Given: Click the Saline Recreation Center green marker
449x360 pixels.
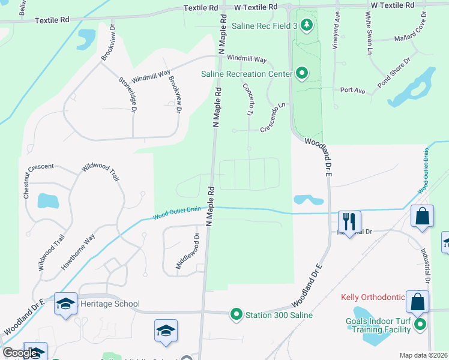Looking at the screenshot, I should coord(302,74).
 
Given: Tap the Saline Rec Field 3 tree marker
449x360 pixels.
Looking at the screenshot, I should coord(307,25).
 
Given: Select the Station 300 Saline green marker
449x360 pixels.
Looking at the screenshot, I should coord(237,314).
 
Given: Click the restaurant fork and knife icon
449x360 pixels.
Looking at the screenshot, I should coord(348,220).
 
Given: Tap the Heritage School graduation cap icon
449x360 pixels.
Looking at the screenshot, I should coord(65,304).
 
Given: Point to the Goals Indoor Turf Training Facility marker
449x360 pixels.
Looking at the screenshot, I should coord(420,326).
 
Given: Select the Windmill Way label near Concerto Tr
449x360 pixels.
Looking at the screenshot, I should coord(247,59).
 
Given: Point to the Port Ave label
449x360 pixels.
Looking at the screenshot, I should coord(352,90).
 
